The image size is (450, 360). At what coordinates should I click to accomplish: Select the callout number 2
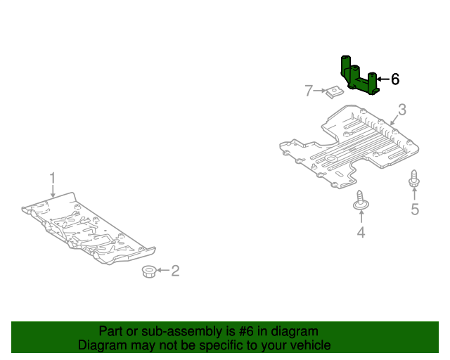tap(175, 270)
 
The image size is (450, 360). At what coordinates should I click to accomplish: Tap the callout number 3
tap(401, 109)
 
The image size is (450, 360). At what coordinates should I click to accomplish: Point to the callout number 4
tap(361, 233)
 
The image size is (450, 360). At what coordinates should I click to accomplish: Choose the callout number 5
tap(415, 209)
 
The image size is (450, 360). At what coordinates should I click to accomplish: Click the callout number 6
tap(395, 79)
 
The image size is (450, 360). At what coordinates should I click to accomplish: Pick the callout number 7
tap(308, 90)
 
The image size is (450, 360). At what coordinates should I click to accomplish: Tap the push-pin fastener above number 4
tap(361, 200)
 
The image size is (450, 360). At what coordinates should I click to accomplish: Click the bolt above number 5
tap(414, 180)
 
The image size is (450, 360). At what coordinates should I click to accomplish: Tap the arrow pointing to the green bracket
tap(383, 79)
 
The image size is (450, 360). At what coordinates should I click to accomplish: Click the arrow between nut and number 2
tap(162, 270)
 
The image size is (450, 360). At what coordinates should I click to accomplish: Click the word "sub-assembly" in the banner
tap(170, 331)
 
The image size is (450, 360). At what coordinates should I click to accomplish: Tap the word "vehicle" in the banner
tap(309, 345)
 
